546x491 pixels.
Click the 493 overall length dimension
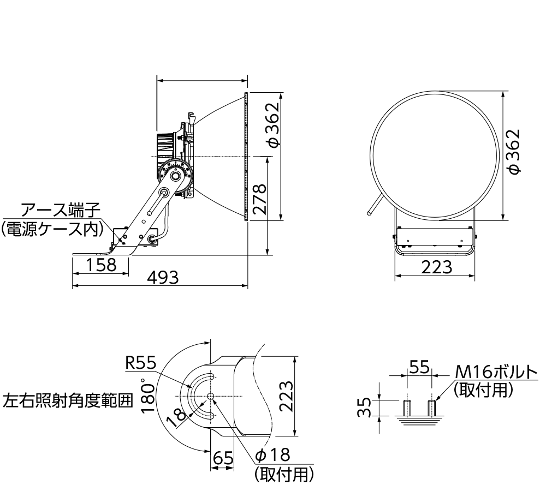[163, 278]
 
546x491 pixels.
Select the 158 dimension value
[102, 265]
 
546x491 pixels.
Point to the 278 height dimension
[259, 200]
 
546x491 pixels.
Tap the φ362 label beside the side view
[272, 124]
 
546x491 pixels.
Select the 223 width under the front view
[436, 267]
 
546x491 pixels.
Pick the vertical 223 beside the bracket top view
[286, 397]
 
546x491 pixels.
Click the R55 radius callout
[140, 363]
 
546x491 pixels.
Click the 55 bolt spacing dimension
[420, 367]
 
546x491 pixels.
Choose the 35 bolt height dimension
[369, 406]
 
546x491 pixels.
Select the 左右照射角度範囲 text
[68, 401]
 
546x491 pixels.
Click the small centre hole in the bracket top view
[211, 396]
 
